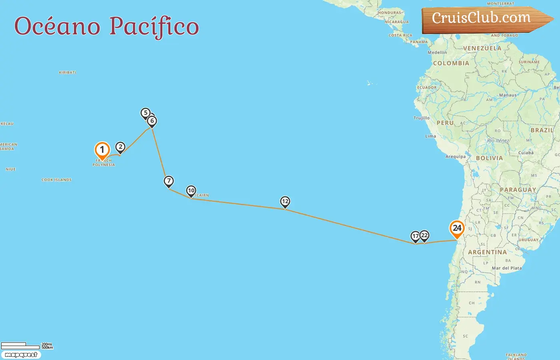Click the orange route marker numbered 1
[x=102, y=150]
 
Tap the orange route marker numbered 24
[x=457, y=229]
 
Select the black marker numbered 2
[x=120, y=147]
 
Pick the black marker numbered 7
[x=169, y=181]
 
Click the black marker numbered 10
[x=191, y=191]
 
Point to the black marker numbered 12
[x=285, y=202]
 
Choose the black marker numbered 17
[x=416, y=236]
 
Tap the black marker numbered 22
[x=424, y=236]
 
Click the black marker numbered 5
[x=146, y=113]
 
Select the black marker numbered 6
[x=152, y=121]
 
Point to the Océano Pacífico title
[x=106, y=26]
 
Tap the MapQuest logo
[x=21, y=355]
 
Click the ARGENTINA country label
[x=487, y=252]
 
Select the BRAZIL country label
[x=542, y=130]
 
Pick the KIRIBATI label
[x=67, y=72]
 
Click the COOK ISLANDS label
[x=56, y=180]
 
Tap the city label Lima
[x=430, y=136]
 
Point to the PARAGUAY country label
[x=518, y=190]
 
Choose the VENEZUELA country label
[x=482, y=48]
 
